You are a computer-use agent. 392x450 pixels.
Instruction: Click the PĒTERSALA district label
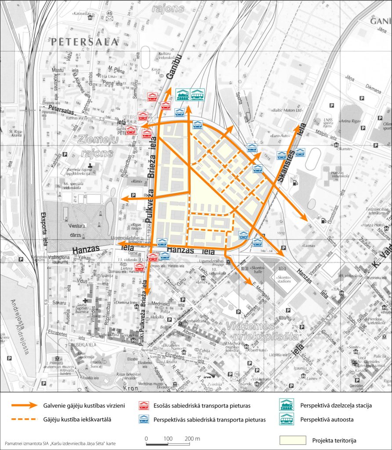tap(84, 42)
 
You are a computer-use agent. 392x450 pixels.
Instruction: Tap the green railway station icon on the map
tap(182, 94)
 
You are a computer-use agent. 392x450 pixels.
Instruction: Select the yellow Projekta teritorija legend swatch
tap(293, 440)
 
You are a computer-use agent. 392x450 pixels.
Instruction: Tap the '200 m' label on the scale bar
tap(192, 439)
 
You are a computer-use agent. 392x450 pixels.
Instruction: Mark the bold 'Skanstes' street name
tap(286, 166)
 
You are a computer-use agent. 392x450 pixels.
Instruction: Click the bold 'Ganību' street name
tap(175, 73)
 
